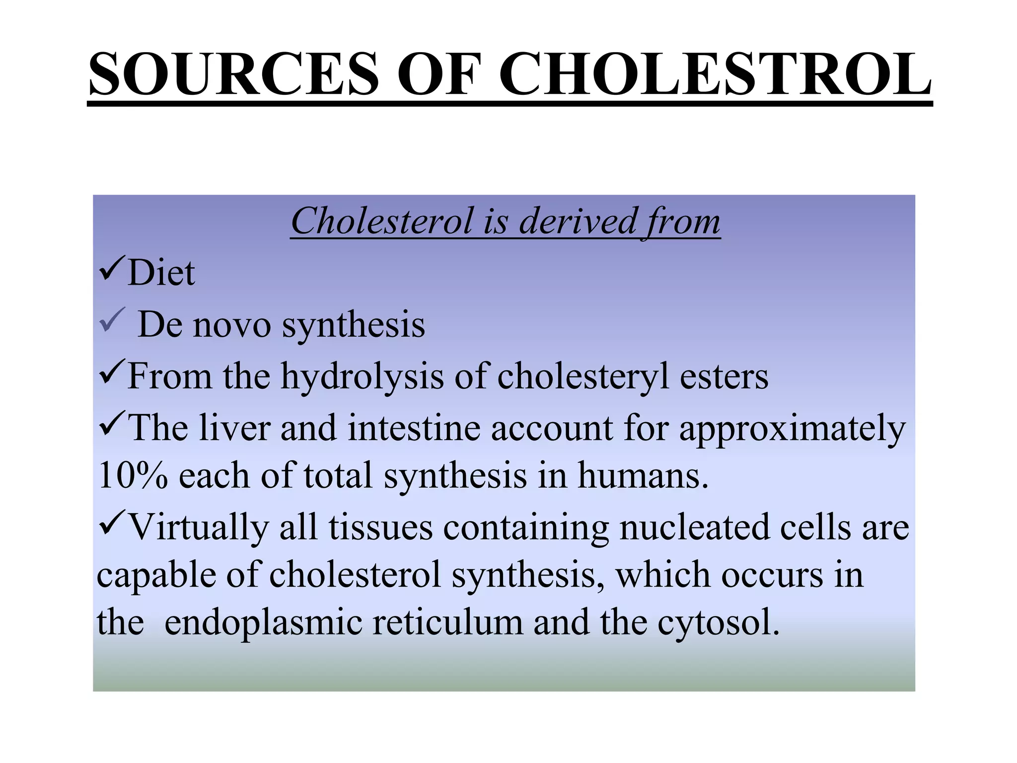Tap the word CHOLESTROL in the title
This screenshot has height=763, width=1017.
tap(715, 75)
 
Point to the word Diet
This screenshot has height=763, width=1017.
tap(161, 273)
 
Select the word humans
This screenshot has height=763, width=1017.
tap(643, 476)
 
